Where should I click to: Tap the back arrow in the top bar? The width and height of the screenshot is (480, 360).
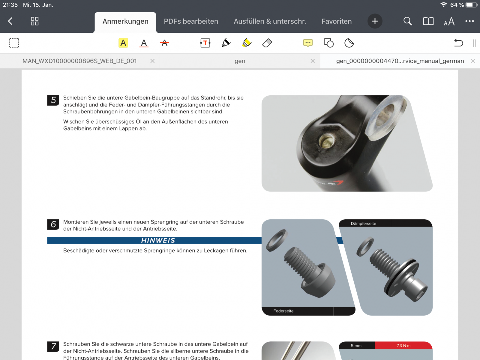[10, 21]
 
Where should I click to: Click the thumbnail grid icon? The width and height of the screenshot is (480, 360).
[34, 21]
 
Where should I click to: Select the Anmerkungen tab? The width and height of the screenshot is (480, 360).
[125, 21]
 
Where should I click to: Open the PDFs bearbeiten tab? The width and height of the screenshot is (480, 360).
[191, 21]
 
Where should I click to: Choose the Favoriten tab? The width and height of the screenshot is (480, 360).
[337, 21]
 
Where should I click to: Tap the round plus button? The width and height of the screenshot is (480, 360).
[375, 21]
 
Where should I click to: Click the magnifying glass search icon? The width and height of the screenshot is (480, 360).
[408, 21]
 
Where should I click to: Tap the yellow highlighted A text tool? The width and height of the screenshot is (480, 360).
[123, 43]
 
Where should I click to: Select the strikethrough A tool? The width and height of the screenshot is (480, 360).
[164, 43]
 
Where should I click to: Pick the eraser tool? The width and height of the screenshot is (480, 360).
[267, 43]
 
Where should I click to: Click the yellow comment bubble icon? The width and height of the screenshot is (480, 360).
[308, 43]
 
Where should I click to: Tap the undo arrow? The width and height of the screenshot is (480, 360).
[458, 43]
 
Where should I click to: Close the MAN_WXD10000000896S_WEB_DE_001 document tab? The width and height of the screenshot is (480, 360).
[152, 61]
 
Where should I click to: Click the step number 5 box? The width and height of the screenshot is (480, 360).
[53, 100]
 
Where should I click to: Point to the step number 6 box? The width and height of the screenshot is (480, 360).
[53, 224]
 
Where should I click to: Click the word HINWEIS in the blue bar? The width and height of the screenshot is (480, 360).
[158, 240]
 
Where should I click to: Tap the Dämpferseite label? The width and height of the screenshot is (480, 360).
[363, 223]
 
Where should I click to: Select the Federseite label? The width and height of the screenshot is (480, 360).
[283, 311]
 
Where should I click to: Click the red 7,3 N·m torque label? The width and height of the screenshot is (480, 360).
[403, 346]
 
